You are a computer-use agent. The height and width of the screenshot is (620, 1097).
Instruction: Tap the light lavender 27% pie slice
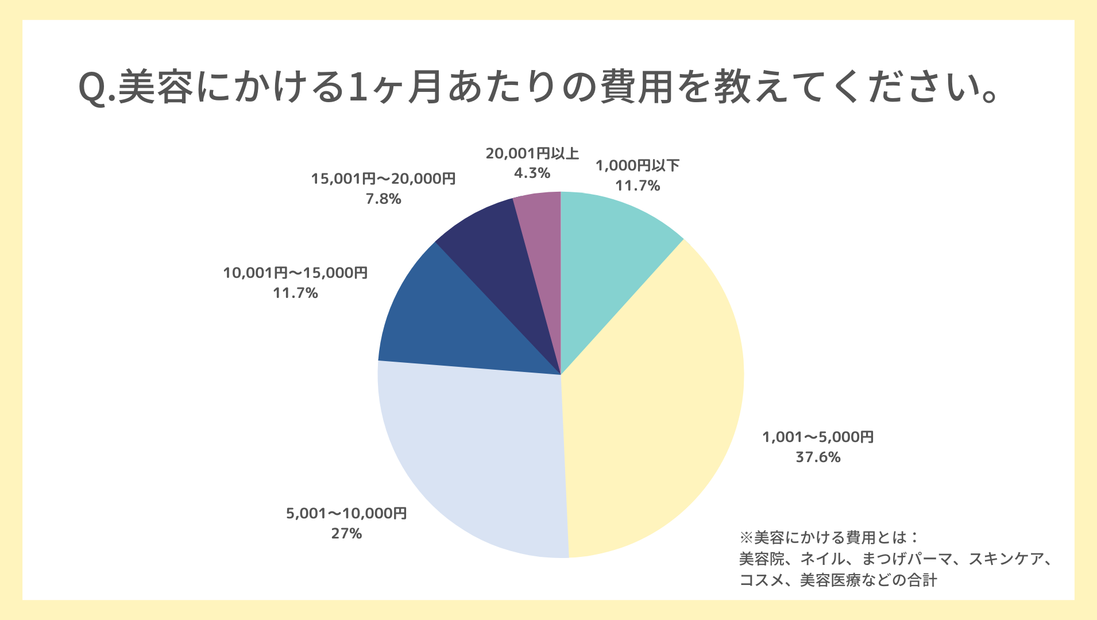coord(477,459)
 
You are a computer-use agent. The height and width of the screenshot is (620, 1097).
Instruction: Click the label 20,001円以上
coord(532,153)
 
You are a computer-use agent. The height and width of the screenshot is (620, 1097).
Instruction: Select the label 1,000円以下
coord(638,166)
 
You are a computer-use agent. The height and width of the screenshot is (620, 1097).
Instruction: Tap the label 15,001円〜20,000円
coord(383,179)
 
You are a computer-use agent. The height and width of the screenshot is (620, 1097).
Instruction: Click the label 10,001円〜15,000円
coord(295,273)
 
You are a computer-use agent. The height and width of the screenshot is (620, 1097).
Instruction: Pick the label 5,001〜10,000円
coord(346,513)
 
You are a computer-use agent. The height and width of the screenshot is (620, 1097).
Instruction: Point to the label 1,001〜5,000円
coord(818,437)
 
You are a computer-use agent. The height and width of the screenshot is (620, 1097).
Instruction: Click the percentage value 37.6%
coord(818,458)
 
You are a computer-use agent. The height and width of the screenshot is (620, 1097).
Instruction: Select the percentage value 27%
coord(346,534)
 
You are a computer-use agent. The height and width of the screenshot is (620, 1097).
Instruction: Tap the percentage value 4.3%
coord(532,173)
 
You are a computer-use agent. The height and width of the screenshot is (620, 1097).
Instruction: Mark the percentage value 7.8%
coord(383,199)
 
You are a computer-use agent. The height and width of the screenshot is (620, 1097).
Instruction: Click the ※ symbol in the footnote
coord(746,538)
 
